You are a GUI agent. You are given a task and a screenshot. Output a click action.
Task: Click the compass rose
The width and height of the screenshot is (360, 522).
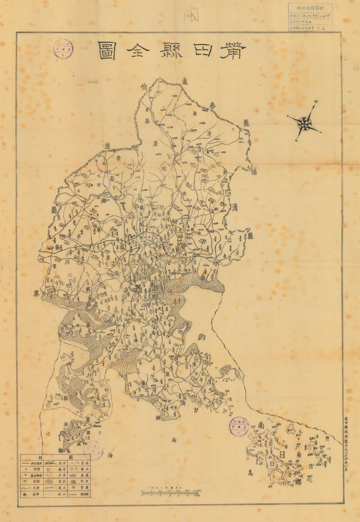[x=305, y=122]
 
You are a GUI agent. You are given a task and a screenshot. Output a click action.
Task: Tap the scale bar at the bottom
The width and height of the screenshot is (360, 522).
[x=170, y=494]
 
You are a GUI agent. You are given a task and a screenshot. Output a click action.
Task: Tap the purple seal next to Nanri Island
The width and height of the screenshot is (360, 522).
[x=238, y=426]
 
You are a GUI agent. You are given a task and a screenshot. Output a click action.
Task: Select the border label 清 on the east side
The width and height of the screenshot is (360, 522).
[x=235, y=207]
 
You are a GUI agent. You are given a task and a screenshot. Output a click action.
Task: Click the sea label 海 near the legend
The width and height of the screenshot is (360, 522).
[x=110, y=455]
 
